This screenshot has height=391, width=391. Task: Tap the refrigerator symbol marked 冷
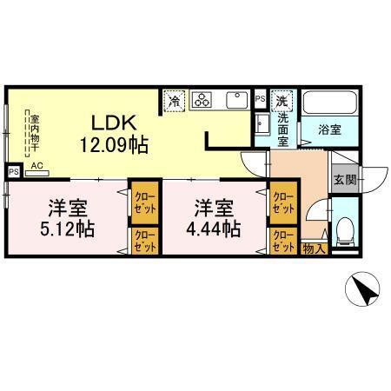point(174,101)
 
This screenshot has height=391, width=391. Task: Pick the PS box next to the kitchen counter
point(260,100)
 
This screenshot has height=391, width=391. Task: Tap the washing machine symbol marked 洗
point(282,100)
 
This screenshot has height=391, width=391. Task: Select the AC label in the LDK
point(37,163)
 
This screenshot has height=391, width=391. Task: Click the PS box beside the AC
point(12,172)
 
